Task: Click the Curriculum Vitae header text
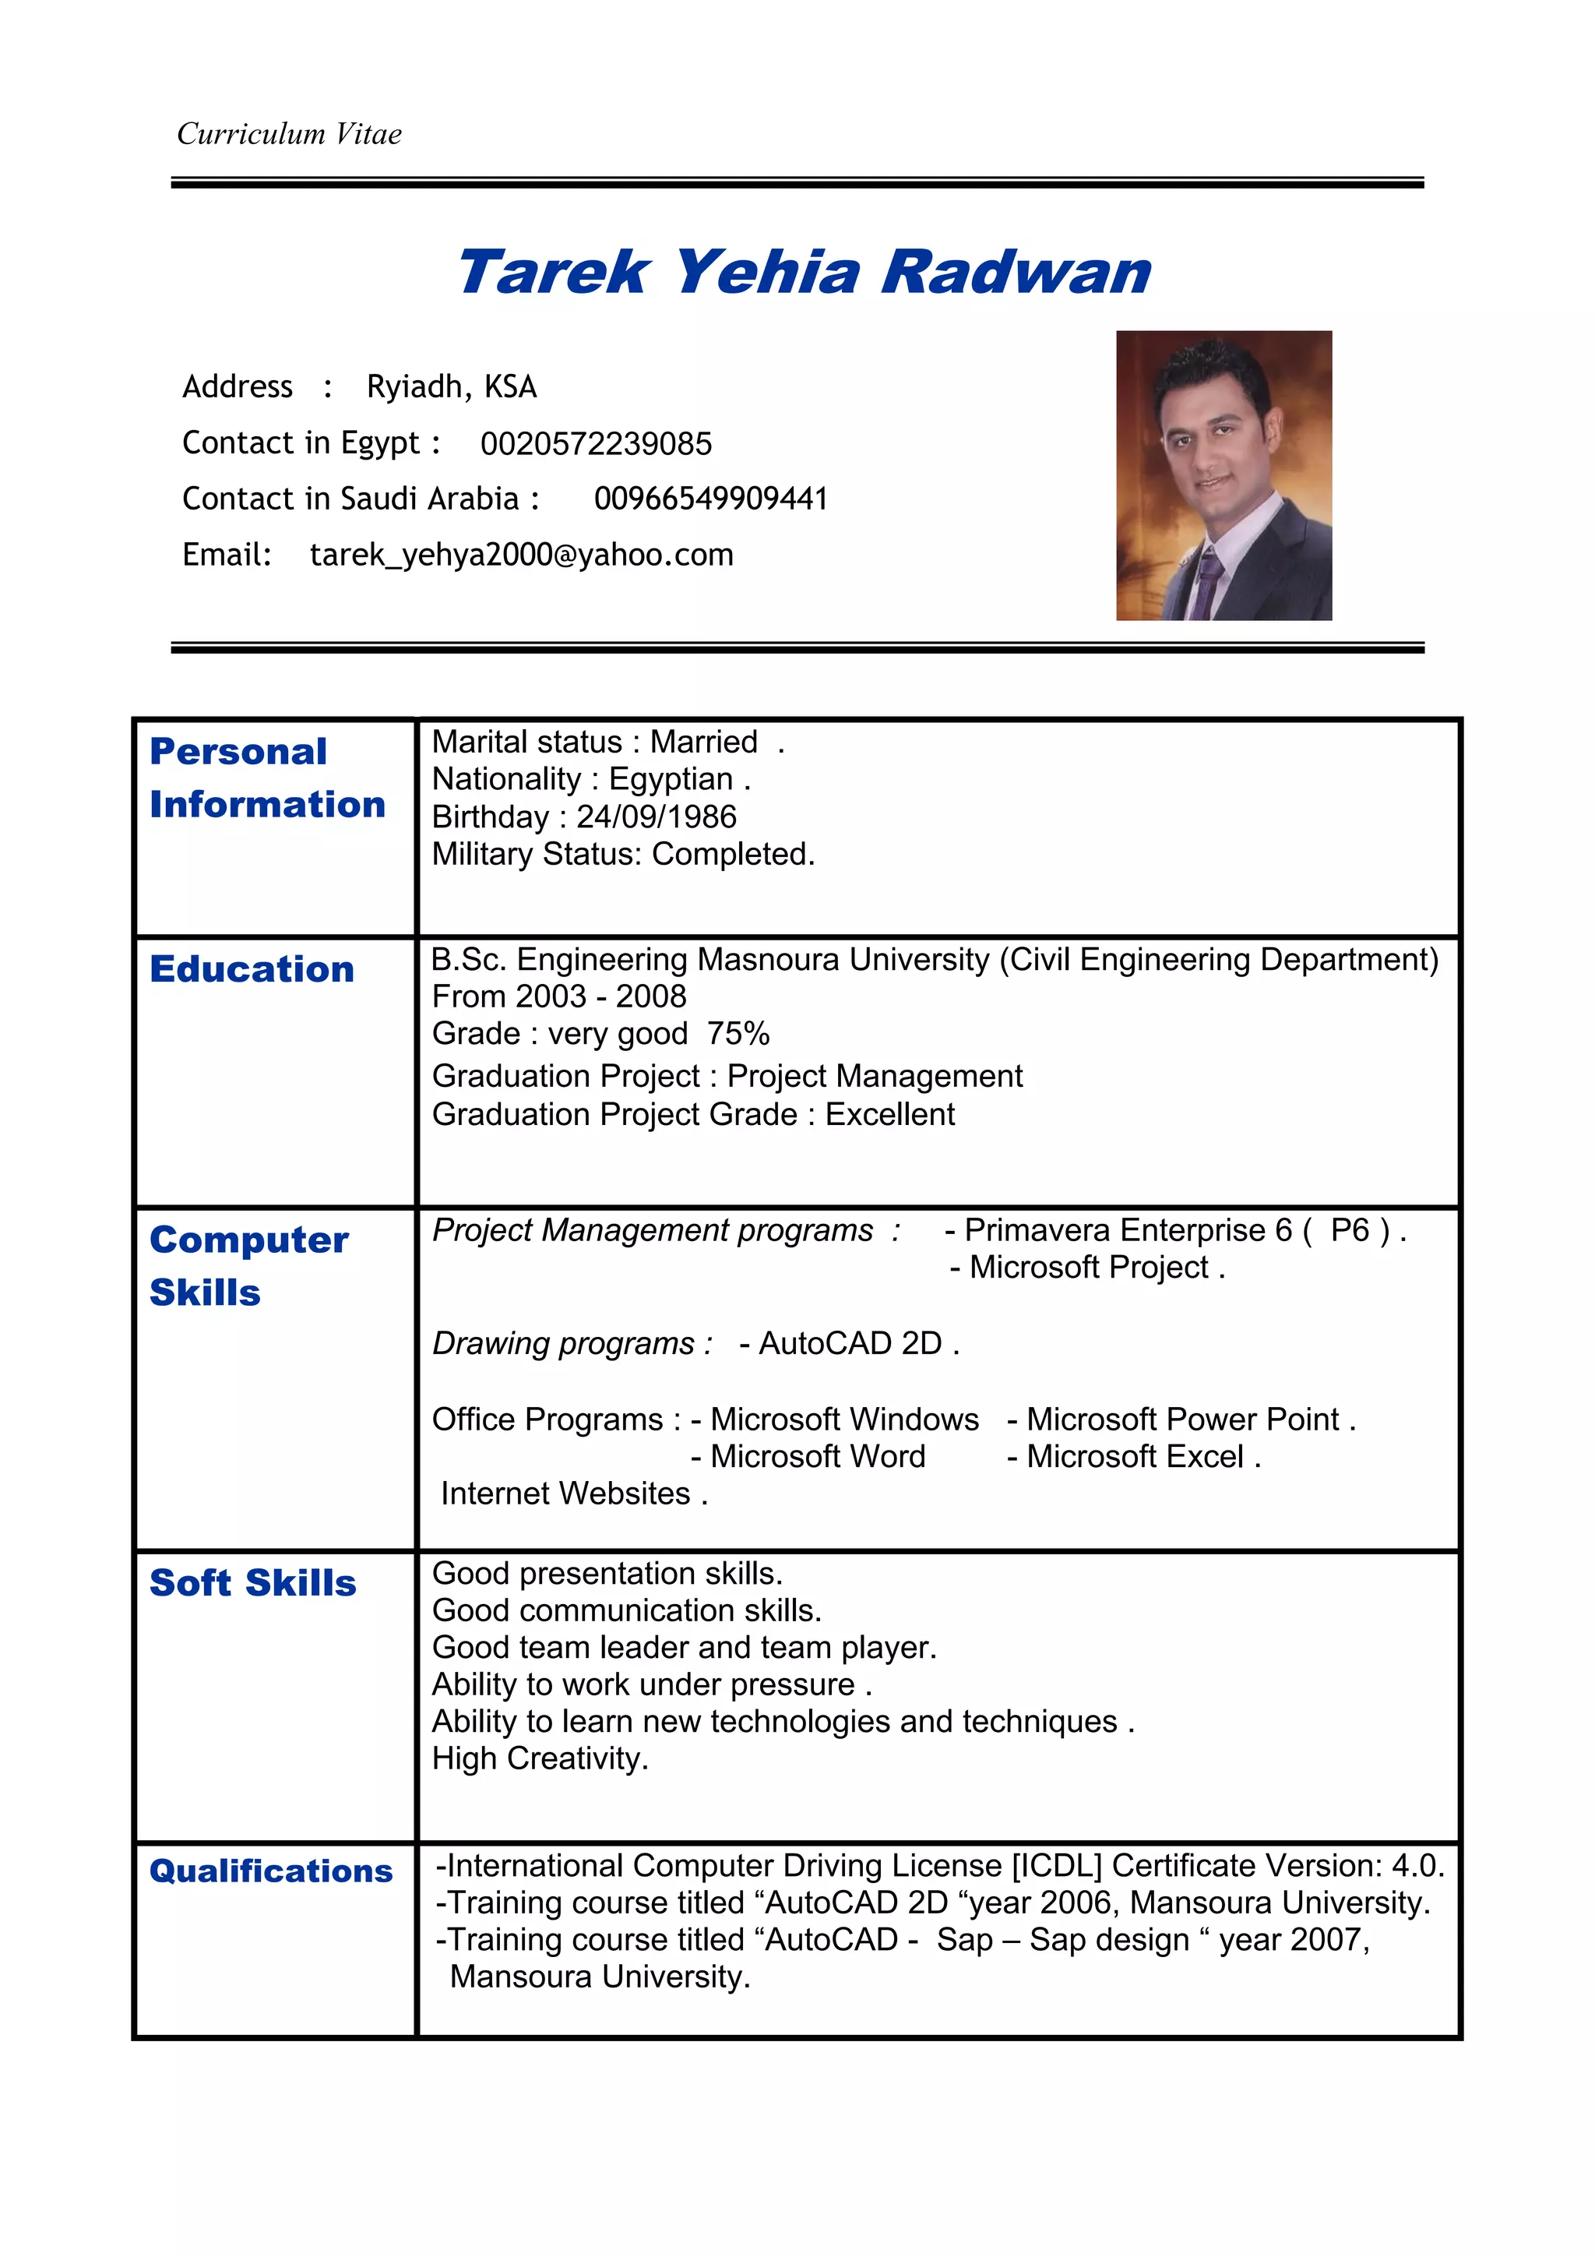tap(289, 134)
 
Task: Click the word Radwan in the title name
tap(1016, 273)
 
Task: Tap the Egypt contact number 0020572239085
tap(596, 443)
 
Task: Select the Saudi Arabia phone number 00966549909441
tap(710, 499)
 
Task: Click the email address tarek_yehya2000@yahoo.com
tap(521, 555)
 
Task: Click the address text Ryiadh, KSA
tap(451, 386)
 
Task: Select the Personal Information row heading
tap(266, 778)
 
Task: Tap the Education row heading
tap(252, 969)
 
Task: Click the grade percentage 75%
tap(738, 1033)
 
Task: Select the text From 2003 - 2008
tap(558, 996)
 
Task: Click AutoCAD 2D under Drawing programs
tap(850, 1343)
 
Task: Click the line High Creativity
tap(540, 1758)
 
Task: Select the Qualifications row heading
tap(270, 1871)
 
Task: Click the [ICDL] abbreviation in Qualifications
tap(1057, 1865)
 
